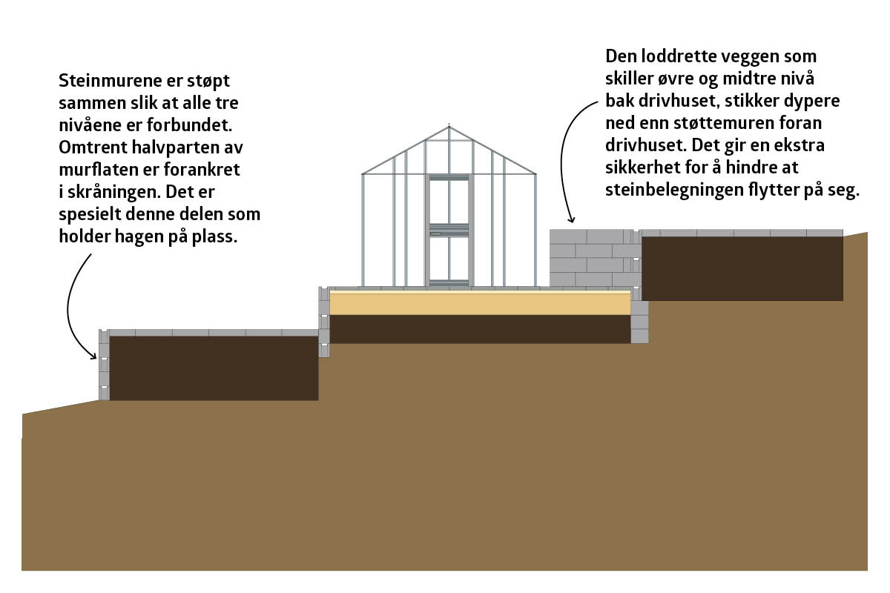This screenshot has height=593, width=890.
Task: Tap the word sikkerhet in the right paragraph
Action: click(x=639, y=168)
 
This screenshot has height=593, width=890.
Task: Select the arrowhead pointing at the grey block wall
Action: click(x=571, y=219)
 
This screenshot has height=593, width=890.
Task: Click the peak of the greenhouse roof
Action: click(x=449, y=126)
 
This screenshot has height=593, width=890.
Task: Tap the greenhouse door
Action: click(x=449, y=231)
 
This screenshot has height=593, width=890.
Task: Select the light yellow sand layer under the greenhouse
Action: click(x=480, y=303)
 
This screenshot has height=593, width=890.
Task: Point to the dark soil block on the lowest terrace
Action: click(x=214, y=368)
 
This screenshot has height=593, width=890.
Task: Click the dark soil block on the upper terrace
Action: click(x=742, y=268)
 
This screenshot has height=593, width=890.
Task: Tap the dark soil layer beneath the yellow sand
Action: click(x=480, y=329)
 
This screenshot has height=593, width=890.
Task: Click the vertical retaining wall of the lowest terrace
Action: click(x=104, y=365)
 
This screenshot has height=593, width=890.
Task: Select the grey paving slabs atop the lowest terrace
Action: click(x=214, y=333)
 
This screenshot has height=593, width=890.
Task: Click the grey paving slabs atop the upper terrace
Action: click(x=742, y=233)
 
